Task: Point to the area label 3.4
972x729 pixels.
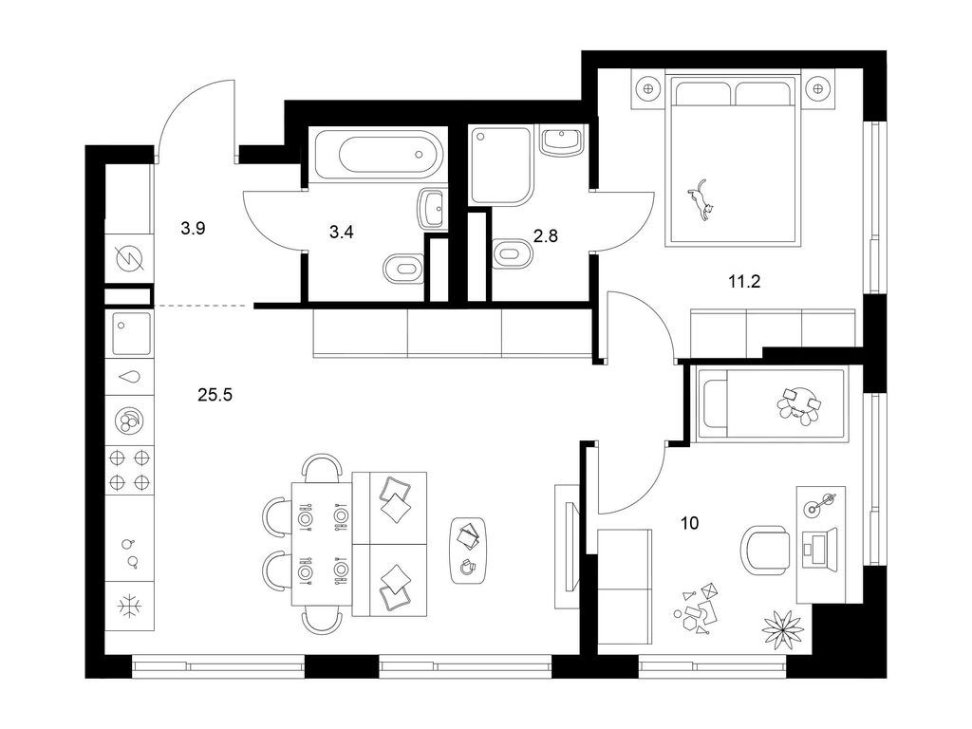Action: tap(343, 231)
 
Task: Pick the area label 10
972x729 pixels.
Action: tap(689, 522)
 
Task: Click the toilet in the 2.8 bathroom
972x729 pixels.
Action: tap(513, 254)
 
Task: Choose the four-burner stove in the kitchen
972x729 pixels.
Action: tap(128, 467)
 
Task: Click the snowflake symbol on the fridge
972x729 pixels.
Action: tap(128, 605)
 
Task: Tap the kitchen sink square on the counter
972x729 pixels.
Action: tap(127, 332)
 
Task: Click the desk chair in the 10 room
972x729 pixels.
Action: tap(763, 550)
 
